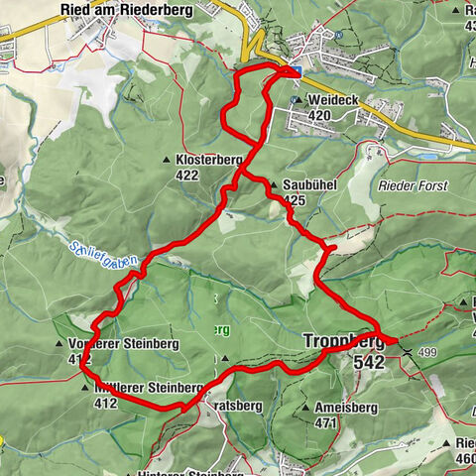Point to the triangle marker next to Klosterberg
[167, 160]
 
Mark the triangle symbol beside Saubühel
[274, 184]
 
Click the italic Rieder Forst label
[413, 185]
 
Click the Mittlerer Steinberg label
[149, 387]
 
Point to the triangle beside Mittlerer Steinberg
[84, 387]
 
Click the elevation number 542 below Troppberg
[368, 363]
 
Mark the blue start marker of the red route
[295, 69]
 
